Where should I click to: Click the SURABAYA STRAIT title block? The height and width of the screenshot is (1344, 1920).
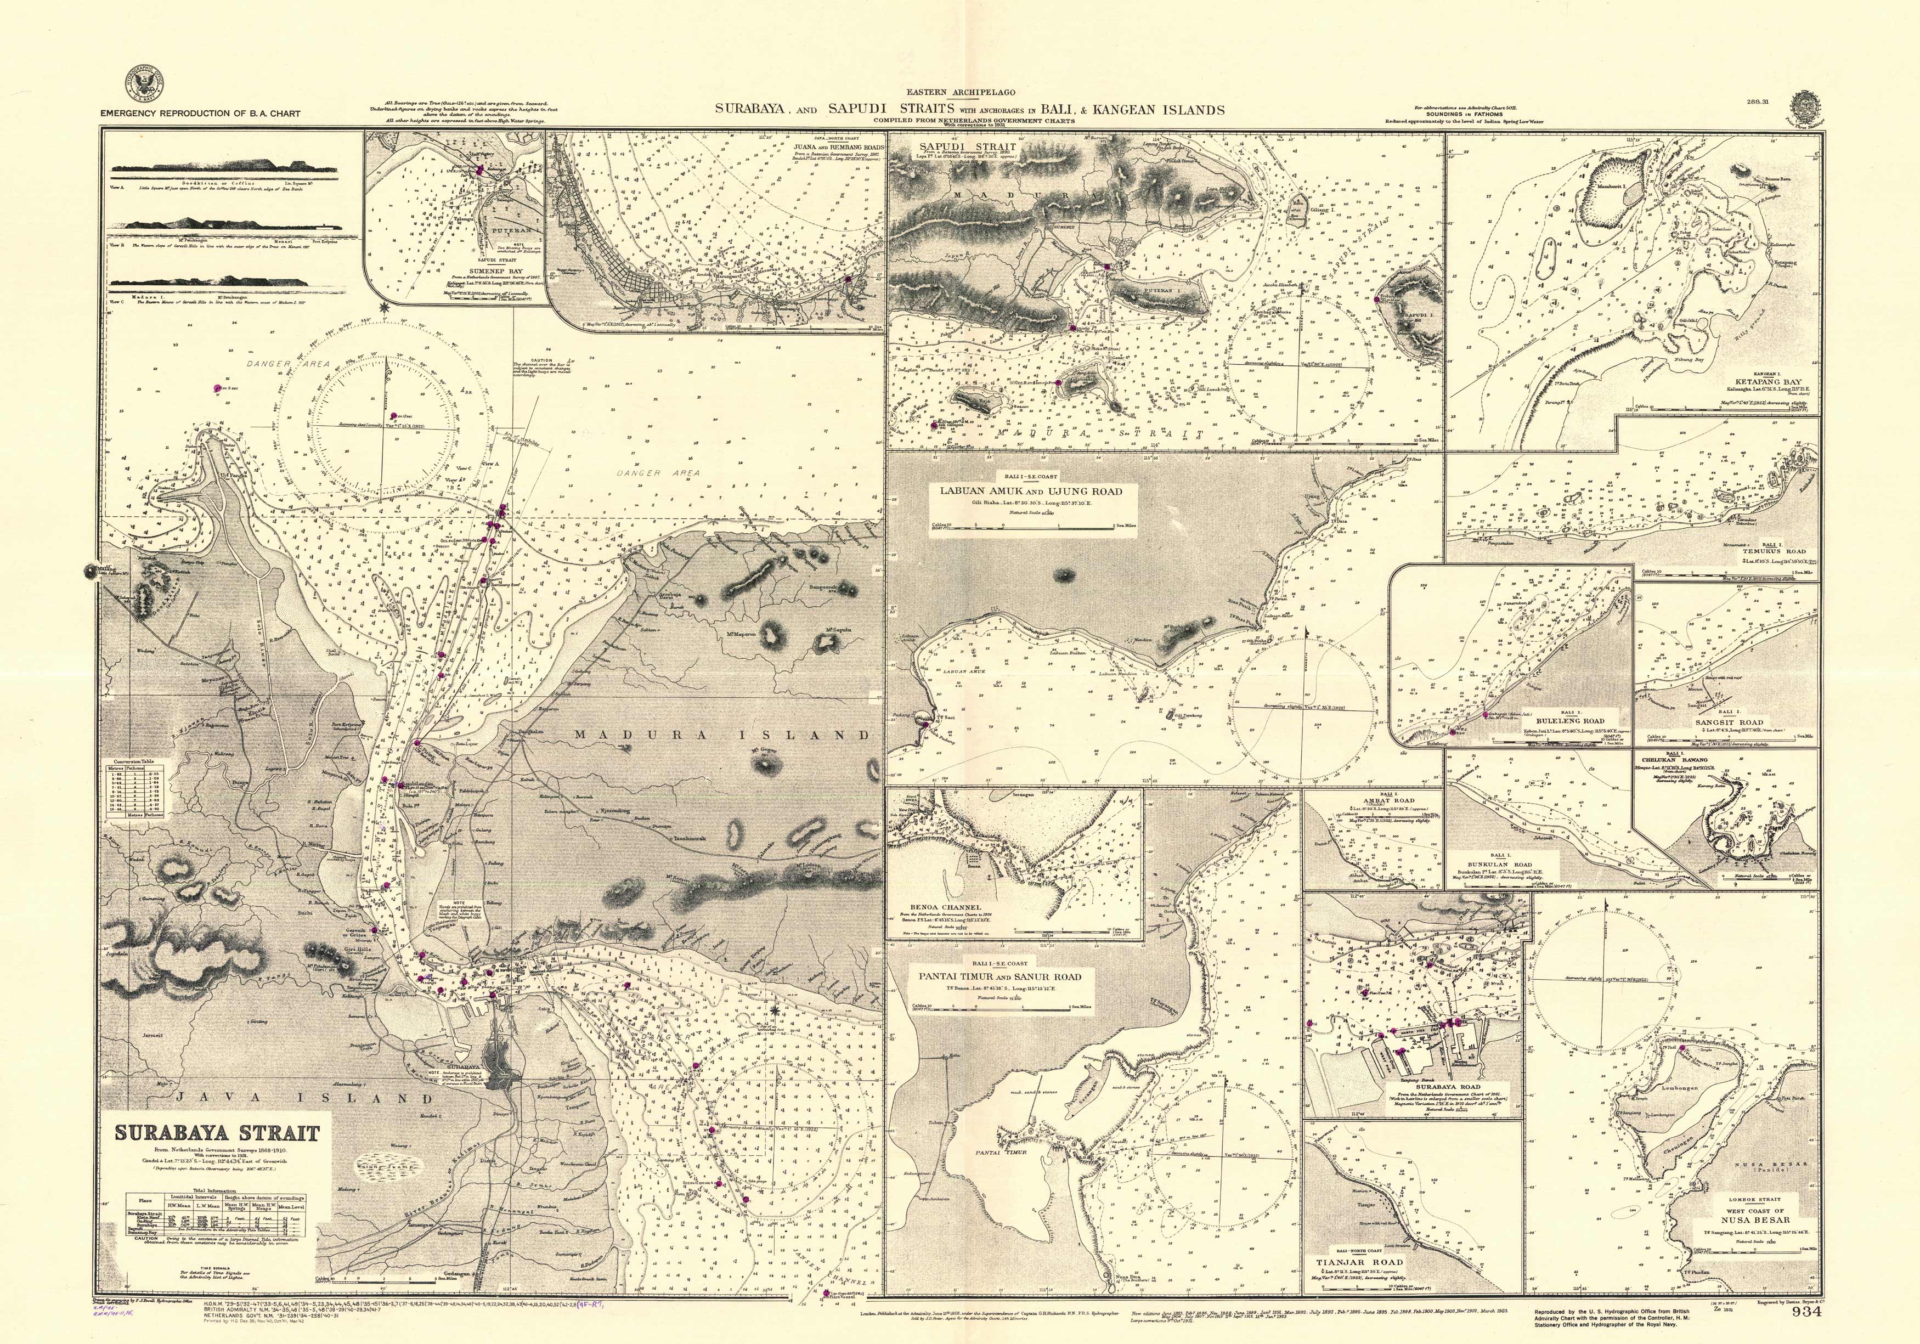point(217,1134)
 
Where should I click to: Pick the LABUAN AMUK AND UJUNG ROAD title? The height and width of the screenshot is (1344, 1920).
point(1031,491)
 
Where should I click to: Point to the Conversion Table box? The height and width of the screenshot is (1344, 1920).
point(135,788)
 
